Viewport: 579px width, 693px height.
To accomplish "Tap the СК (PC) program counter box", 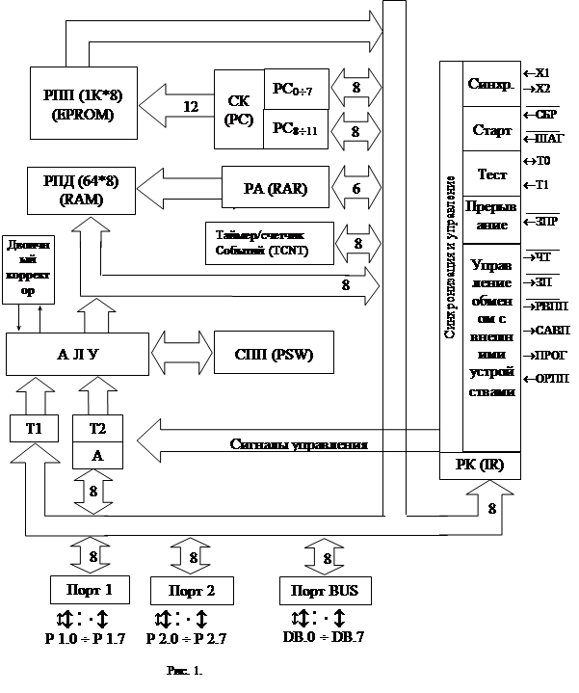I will click(x=237, y=109).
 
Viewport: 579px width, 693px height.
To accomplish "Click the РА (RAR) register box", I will click(x=276, y=189).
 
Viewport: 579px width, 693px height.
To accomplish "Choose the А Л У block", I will click(x=77, y=354).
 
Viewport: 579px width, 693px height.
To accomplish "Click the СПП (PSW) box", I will click(x=276, y=354).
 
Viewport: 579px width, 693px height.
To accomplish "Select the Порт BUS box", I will click(x=323, y=589).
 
